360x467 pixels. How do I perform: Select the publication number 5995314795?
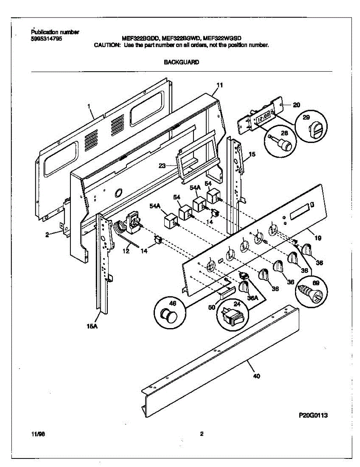coord(45,39)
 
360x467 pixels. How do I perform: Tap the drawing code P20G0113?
coord(313,415)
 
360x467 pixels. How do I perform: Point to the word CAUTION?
coord(107,45)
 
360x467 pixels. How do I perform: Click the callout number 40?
coord(256,376)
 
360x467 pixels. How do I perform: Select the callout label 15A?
coord(91,327)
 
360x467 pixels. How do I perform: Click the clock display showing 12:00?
coord(264,116)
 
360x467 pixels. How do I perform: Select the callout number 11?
coord(220,85)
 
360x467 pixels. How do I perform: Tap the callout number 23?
coord(162,165)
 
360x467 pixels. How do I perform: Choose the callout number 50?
coord(211,307)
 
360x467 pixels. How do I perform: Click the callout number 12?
coord(126,251)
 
